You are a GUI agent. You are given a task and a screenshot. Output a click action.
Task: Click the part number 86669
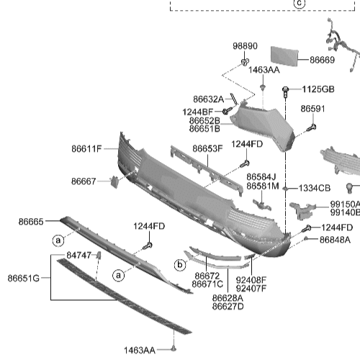coord(323,60)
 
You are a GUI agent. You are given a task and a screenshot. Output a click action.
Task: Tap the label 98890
coord(245,46)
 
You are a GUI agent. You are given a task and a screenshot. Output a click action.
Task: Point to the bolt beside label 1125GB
coord(287,91)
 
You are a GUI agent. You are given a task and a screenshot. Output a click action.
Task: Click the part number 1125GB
coord(318,89)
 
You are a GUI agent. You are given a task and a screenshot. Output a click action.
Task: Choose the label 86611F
coord(86,149)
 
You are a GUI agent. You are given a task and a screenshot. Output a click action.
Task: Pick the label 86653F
coord(207,149)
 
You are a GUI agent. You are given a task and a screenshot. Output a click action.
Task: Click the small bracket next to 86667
coord(114,181)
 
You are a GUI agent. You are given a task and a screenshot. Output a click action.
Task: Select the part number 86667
coord(84,181)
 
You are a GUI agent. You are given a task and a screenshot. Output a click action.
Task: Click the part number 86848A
coord(335,239)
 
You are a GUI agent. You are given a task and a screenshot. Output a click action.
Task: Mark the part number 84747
coord(79,255)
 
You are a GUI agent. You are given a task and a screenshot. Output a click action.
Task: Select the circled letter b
coord(180,264)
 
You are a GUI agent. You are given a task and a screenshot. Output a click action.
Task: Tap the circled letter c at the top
coord(299,4)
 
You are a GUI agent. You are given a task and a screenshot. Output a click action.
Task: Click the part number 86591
coord(312,109)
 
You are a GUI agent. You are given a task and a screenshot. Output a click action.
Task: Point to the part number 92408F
coord(251,279)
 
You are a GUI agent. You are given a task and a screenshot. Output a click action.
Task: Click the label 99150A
coord(345,204)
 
